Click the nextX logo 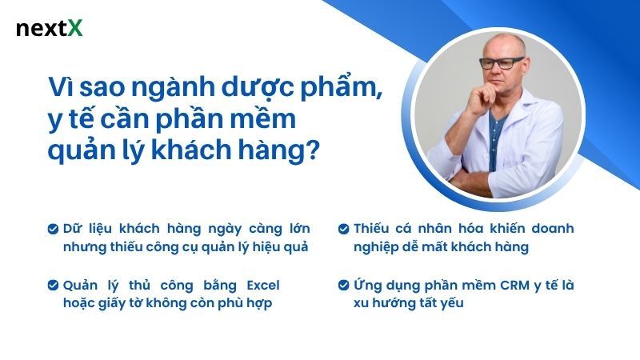click(x=49, y=30)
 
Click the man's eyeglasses click(x=502, y=62)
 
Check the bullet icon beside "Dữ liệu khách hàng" click(x=53, y=229)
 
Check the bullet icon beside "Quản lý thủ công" click(x=53, y=285)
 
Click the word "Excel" click(x=262, y=285)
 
